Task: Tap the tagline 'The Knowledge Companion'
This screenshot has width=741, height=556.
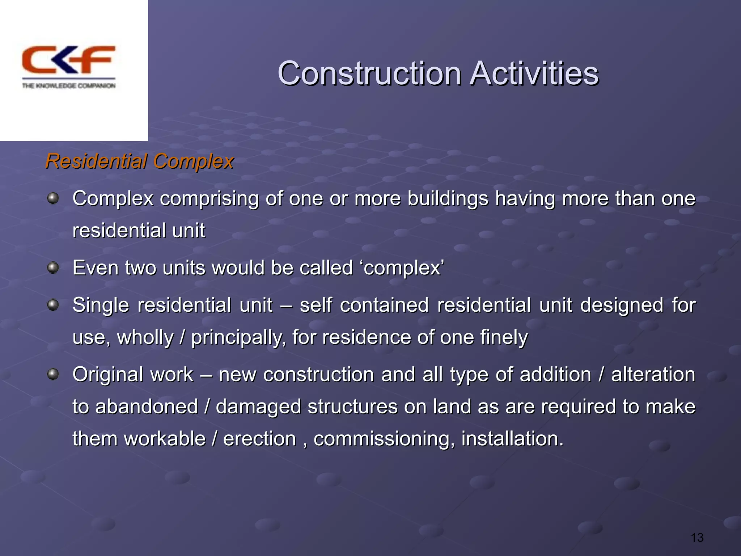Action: [x=69, y=86]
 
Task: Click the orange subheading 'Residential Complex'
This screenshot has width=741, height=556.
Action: [x=140, y=161]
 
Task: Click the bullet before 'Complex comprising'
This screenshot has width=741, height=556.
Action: [x=53, y=198]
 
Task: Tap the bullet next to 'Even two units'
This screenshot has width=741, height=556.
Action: [x=53, y=268]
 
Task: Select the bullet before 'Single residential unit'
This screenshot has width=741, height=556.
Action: [x=53, y=305]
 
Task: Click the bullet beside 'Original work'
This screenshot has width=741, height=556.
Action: [x=53, y=374]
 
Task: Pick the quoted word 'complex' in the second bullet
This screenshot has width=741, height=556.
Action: [x=402, y=269]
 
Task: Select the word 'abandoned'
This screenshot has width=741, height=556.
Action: [x=147, y=407]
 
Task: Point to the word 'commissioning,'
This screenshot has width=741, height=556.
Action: [x=384, y=439]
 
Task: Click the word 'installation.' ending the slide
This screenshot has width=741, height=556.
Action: [x=512, y=439]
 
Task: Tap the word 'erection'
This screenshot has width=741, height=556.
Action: [x=259, y=439]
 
